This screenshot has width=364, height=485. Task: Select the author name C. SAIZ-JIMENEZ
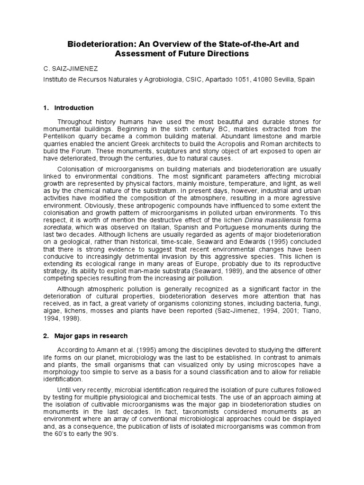click(x=70, y=69)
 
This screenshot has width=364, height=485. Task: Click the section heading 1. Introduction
click(x=69, y=108)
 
